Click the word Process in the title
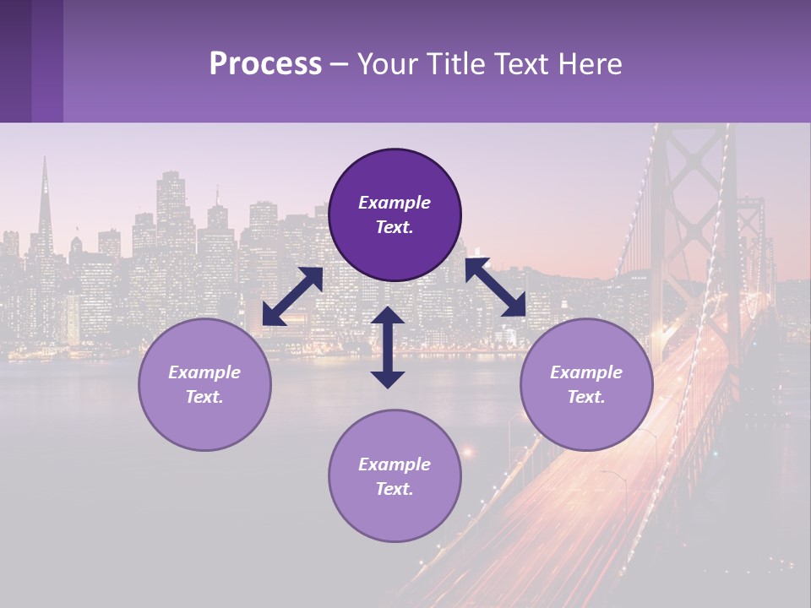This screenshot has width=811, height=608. [x=265, y=63]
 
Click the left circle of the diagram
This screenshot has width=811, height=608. [x=204, y=384]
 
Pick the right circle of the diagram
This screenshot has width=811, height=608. [x=586, y=384]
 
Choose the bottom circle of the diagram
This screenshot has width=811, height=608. [x=395, y=475]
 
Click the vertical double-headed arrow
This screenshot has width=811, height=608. [x=388, y=347]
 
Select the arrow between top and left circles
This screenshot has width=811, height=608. [x=292, y=296]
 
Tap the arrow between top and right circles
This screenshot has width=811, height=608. [x=496, y=287]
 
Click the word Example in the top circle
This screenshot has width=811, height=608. [x=395, y=203]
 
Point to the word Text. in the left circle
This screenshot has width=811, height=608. [x=204, y=397]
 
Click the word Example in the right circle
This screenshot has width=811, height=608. [x=586, y=372]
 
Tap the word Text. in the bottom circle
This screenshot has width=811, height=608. [x=395, y=489]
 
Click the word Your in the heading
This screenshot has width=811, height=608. [x=385, y=63]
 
